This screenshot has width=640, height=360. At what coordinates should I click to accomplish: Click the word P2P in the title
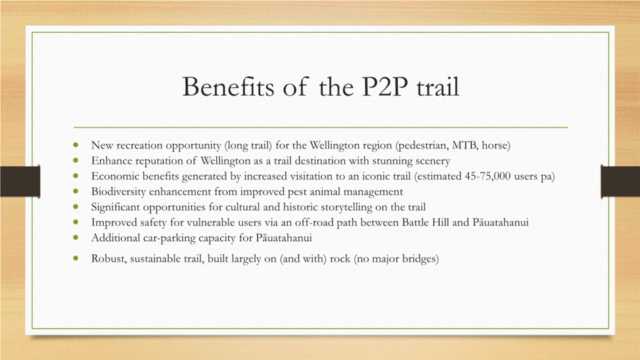pyautogui.click(x=386, y=87)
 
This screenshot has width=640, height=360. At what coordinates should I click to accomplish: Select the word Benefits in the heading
pyautogui.click(x=228, y=87)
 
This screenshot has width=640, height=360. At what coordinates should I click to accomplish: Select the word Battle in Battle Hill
pyautogui.click(x=415, y=223)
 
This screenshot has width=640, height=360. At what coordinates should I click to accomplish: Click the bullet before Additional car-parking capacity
pyautogui.click(x=76, y=237)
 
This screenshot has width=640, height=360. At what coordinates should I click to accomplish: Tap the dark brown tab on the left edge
pyautogui.click(x=20, y=181)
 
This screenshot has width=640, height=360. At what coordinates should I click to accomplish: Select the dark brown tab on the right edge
pyautogui.click(x=620, y=181)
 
